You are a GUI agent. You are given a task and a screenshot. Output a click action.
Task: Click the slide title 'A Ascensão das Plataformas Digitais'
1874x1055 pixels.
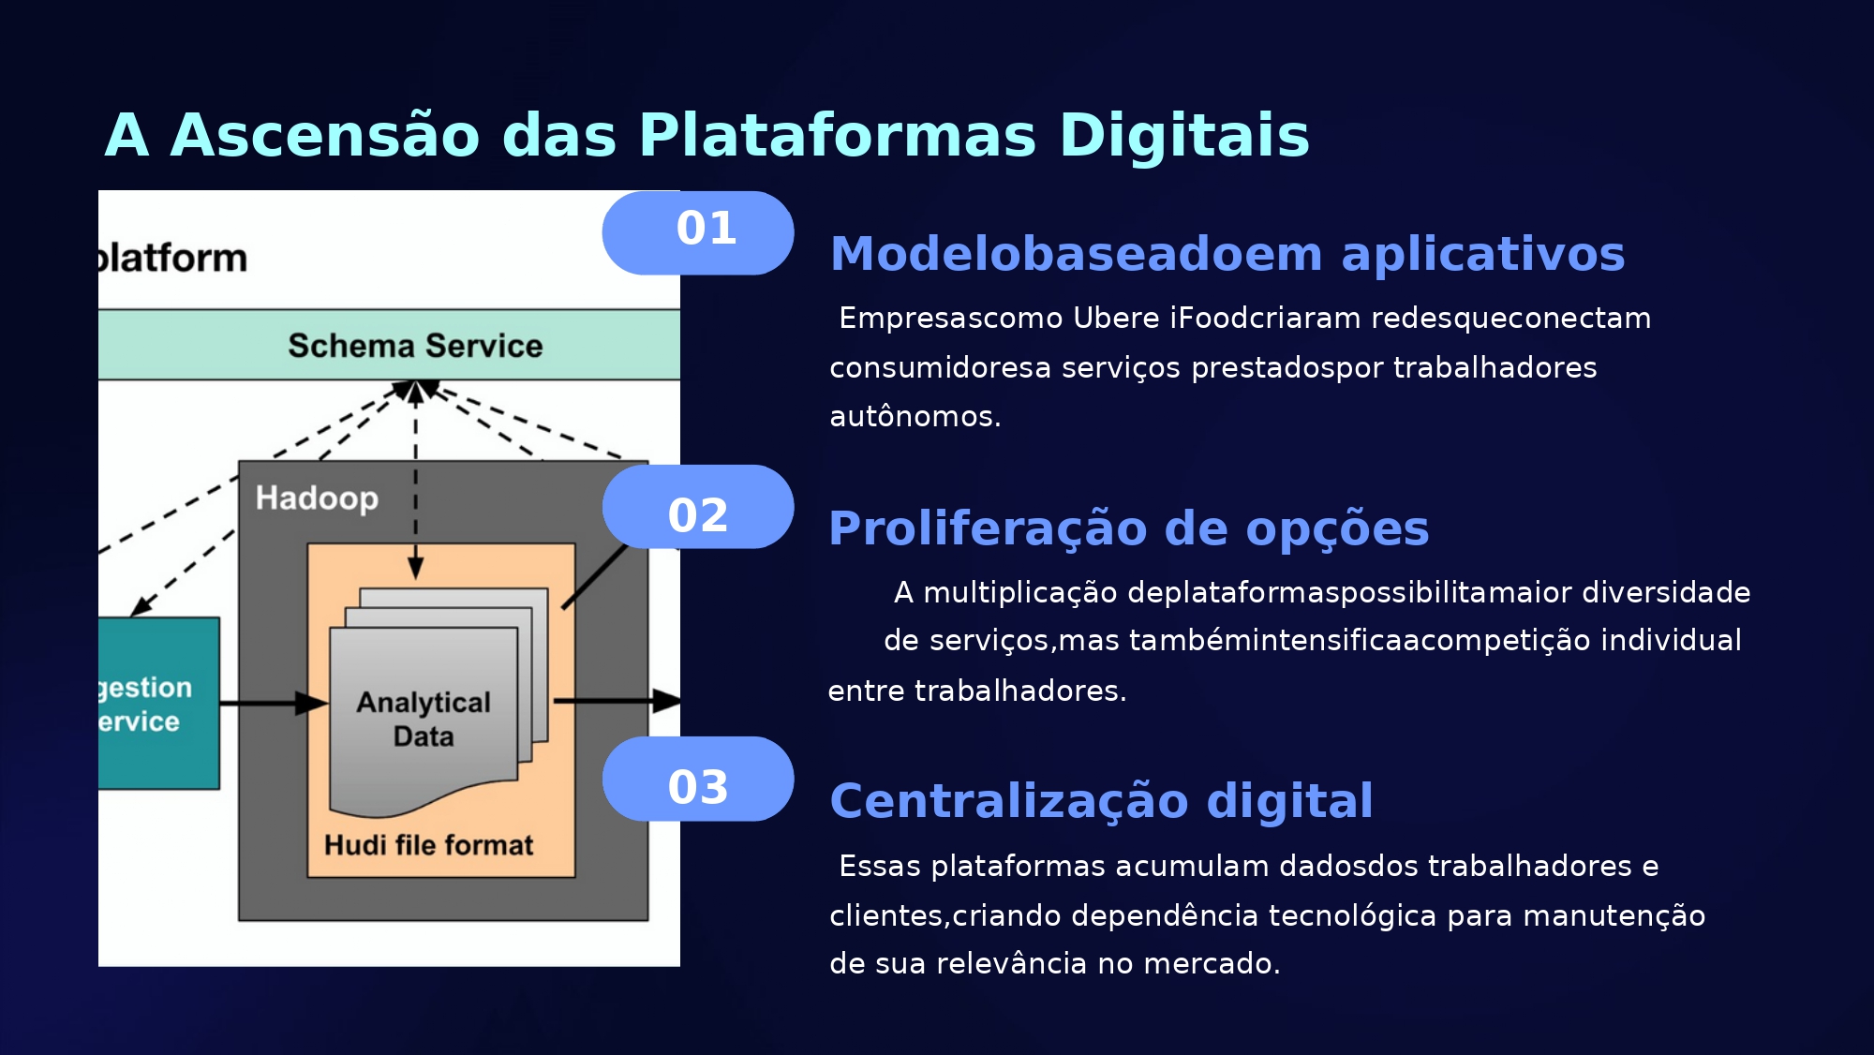[706, 135]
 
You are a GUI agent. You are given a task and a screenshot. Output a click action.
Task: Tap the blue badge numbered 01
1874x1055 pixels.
[698, 232]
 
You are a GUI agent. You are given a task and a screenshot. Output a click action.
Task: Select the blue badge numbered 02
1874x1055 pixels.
[698, 507]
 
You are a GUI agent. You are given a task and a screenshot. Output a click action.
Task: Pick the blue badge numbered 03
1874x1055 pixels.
[698, 780]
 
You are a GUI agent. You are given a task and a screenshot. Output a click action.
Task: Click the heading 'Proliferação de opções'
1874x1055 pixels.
[1128, 528]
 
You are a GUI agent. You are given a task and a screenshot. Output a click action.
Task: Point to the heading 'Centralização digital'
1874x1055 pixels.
[1101, 801]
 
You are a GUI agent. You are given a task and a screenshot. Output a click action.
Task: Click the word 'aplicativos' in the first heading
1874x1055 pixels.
[1482, 254]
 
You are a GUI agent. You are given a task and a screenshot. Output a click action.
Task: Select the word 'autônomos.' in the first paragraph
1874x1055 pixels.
[915, 416]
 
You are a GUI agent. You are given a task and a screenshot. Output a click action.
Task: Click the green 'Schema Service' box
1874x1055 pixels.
[414, 345]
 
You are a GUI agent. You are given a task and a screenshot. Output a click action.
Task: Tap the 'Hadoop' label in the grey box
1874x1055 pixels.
[317, 498]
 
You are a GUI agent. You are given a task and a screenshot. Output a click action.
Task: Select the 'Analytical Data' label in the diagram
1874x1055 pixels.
[424, 719]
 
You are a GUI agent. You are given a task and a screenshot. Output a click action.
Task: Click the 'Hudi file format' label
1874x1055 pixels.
[428, 845]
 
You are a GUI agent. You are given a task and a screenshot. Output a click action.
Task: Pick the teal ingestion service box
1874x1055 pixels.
[157, 703]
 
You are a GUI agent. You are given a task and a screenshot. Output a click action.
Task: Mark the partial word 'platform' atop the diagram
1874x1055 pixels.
[173, 258]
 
